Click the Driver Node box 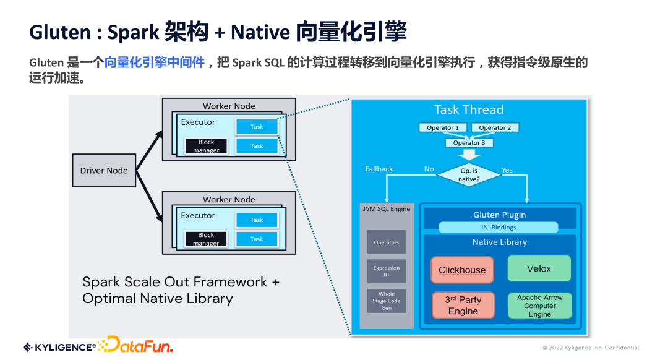click(x=104, y=170)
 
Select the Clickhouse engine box click(x=462, y=270)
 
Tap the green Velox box click(x=539, y=268)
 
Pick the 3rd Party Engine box click(x=463, y=306)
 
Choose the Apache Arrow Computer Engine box click(x=539, y=306)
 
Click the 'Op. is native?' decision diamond click(x=468, y=175)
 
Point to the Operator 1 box click(x=443, y=127)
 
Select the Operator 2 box click(x=495, y=127)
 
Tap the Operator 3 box click(x=469, y=142)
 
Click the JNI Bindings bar click(x=499, y=228)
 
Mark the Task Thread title click(x=468, y=110)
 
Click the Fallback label click(x=379, y=169)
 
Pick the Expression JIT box click(x=387, y=272)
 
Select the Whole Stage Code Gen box click(x=387, y=301)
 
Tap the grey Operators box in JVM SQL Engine click(x=387, y=242)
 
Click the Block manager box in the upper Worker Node click(x=206, y=146)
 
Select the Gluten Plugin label click(x=499, y=215)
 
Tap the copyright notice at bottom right click(x=591, y=348)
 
